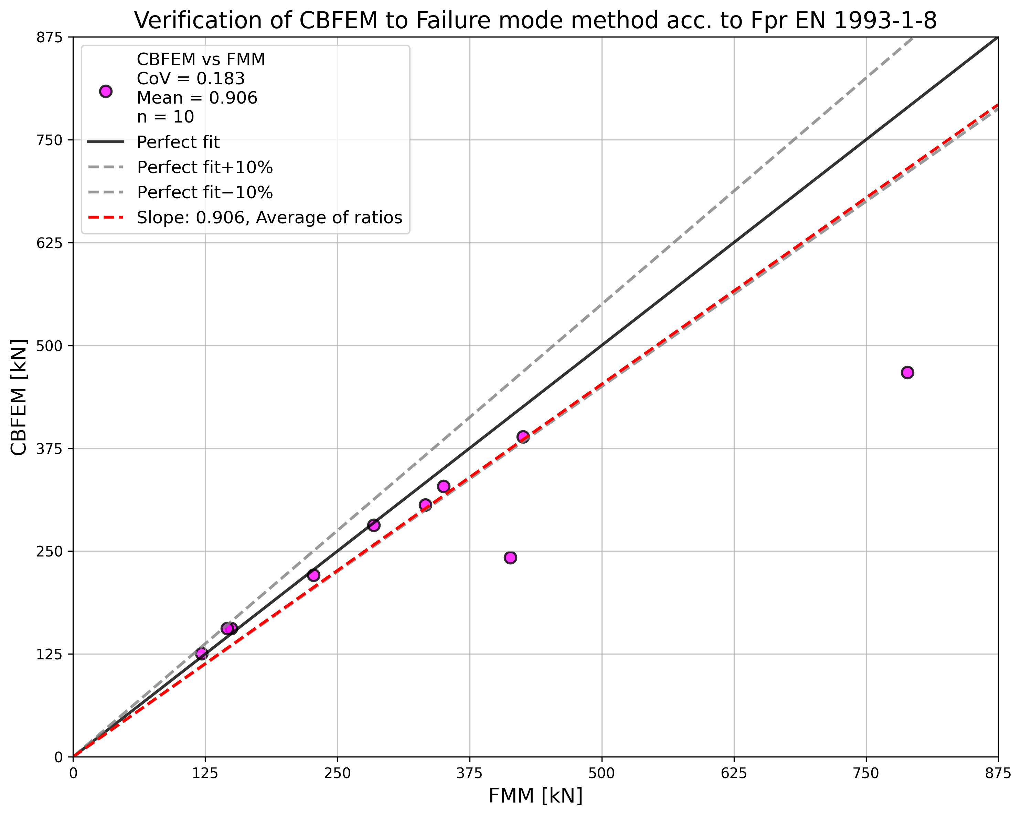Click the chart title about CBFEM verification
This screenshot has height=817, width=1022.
(535, 21)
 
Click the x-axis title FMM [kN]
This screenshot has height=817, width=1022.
(535, 796)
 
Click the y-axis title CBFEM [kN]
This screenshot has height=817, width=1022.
(19, 397)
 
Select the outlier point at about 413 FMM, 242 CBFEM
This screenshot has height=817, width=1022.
(510, 558)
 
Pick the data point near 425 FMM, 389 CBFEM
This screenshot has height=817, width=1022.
(523, 437)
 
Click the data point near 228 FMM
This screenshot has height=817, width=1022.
(313, 575)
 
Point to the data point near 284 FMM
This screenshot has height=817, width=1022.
(374, 525)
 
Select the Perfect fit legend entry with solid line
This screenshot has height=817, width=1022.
(178, 142)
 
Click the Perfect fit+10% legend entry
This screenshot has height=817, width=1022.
(204, 167)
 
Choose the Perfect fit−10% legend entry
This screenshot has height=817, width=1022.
(204, 192)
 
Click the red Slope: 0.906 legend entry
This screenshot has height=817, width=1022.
(269, 217)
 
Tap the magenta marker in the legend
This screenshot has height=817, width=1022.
(106, 92)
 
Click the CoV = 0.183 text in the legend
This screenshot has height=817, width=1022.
(191, 79)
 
